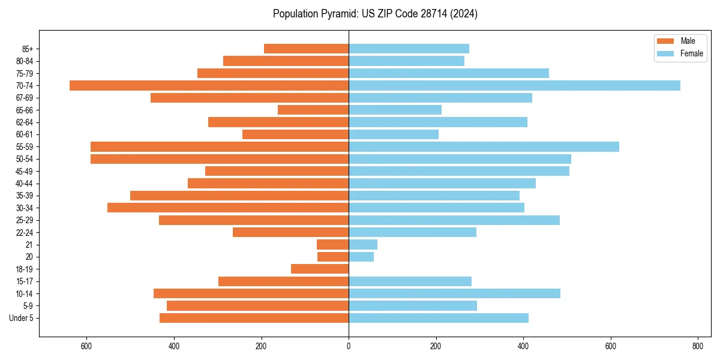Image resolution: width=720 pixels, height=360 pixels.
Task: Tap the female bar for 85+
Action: click(409, 49)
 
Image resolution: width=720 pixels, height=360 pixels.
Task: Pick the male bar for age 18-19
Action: click(320, 269)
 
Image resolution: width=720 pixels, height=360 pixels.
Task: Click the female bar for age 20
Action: click(361, 257)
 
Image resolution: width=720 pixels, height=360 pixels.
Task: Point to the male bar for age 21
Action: click(332, 244)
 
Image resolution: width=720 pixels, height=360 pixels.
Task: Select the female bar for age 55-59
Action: click(484, 146)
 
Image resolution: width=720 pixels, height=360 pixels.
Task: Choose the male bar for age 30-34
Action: click(228, 208)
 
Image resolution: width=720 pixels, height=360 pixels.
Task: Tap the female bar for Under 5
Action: click(439, 318)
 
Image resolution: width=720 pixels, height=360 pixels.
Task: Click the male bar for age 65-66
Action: click(313, 110)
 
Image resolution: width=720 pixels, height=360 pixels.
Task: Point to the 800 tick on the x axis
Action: click(698, 346)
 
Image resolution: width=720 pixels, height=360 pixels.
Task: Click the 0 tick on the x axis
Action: click(349, 346)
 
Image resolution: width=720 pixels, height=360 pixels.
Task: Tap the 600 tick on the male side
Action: click(86, 346)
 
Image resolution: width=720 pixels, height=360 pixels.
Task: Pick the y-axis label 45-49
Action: click(25, 171)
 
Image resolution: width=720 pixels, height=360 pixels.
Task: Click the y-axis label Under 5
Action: click(22, 318)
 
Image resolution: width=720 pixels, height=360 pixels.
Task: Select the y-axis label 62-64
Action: click(25, 122)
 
